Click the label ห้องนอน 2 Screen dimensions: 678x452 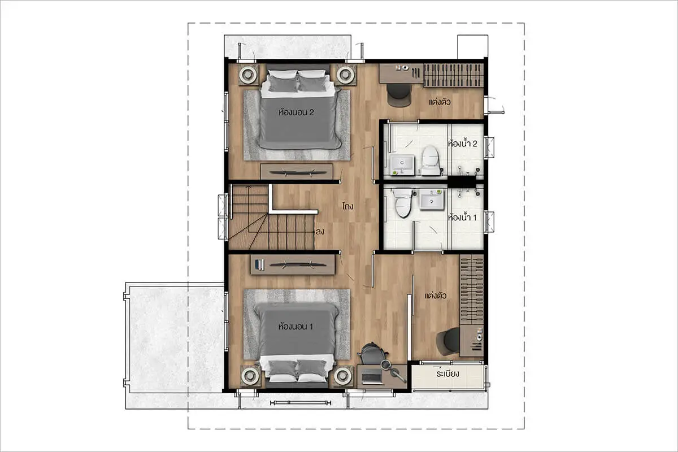(x=296, y=112)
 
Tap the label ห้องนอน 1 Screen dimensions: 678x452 (x=295, y=327)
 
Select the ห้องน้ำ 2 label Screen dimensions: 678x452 (x=463, y=144)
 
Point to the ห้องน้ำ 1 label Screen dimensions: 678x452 (x=462, y=218)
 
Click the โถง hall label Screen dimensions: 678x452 (x=348, y=206)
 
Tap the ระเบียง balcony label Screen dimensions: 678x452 (x=447, y=374)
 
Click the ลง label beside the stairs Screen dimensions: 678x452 (x=320, y=232)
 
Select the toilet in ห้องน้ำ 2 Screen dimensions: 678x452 (x=431, y=160)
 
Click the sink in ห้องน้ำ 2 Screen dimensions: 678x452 (x=402, y=165)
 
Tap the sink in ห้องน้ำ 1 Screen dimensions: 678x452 (x=432, y=199)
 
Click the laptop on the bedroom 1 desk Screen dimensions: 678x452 (x=372, y=377)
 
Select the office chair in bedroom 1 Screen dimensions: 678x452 (x=372, y=354)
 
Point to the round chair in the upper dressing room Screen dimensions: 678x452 (x=399, y=95)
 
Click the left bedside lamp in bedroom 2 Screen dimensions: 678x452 (x=249, y=74)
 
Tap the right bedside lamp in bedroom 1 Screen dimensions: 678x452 (x=344, y=376)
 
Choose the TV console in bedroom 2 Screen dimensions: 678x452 (x=297, y=172)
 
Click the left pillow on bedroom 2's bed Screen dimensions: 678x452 (x=282, y=84)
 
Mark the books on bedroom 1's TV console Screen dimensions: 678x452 (x=259, y=264)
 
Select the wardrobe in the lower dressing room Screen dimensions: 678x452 (x=472, y=290)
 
